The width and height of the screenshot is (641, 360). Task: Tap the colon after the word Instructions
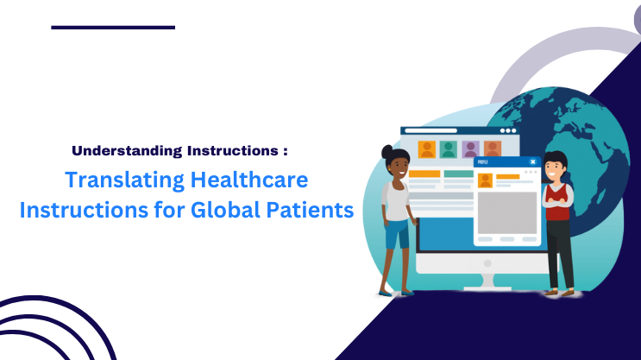click(x=285, y=151)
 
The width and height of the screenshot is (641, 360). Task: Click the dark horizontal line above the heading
click(x=113, y=28)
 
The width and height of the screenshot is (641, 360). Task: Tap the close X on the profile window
click(x=532, y=161)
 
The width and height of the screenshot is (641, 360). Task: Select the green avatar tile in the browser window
click(x=448, y=149)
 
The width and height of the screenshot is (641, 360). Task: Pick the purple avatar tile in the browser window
click(x=470, y=149)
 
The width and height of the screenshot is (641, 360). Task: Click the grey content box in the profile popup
click(x=507, y=212)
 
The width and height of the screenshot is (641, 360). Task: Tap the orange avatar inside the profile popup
click(x=485, y=180)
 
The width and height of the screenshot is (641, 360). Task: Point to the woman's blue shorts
click(x=397, y=233)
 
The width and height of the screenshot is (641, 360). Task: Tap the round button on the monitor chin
click(x=487, y=263)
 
